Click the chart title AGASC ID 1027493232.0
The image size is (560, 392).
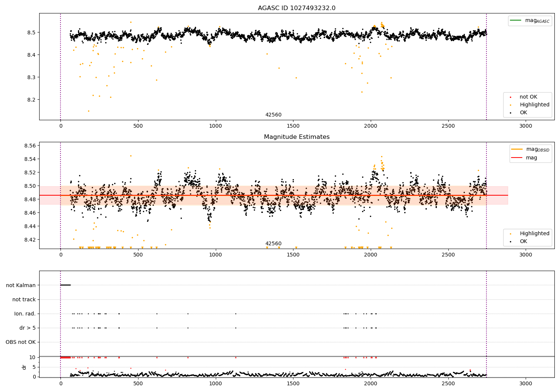tap(296, 8)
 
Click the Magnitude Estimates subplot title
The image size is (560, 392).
tap(296, 137)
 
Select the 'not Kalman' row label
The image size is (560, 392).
tap(21, 285)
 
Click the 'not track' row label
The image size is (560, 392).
tap(24, 299)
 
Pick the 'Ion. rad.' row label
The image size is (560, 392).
tap(25, 314)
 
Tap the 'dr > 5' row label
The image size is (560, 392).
tap(27, 328)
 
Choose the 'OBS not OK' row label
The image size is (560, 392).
tap(21, 342)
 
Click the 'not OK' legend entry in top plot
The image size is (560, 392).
tap(528, 97)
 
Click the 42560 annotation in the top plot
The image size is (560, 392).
tap(273, 115)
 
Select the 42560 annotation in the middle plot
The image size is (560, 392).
tap(273, 244)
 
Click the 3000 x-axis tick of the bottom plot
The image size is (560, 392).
tap(526, 383)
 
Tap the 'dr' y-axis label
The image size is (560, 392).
tap(24, 367)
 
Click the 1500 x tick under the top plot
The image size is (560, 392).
tap(293, 126)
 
